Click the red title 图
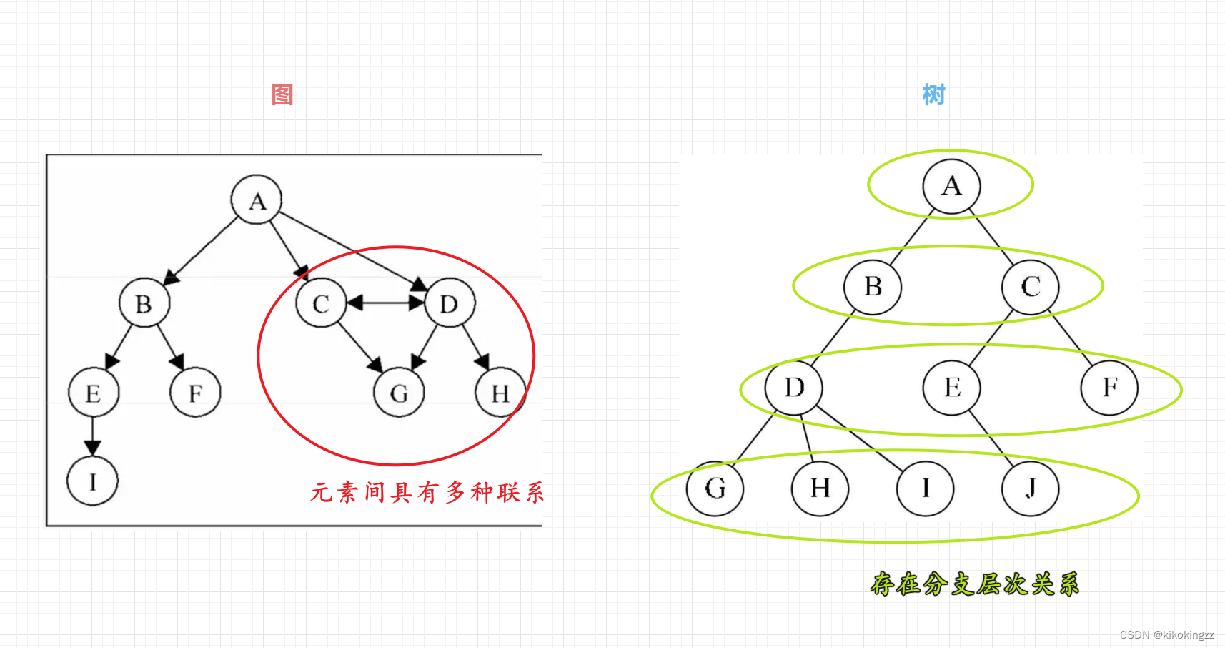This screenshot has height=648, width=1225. click(282, 94)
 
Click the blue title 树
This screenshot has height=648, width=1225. click(933, 94)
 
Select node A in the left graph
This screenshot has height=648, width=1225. click(257, 200)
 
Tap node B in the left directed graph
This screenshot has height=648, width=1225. click(144, 303)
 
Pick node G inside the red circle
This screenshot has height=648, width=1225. click(399, 393)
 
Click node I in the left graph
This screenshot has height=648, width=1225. click(92, 481)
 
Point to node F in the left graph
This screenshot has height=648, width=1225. click(195, 393)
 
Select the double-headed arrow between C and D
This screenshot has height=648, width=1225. click(385, 303)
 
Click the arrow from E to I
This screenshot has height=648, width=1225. click(92, 436)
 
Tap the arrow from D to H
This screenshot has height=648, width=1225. click(475, 347)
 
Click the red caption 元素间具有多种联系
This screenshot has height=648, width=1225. click(427, 493)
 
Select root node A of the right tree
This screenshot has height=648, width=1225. click(951, 187)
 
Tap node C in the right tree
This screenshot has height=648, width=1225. click(1030, 287)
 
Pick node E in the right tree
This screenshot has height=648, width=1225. click(951, 388)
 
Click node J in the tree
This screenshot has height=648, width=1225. click(1030, 489)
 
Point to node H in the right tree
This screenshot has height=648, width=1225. click(820, 489)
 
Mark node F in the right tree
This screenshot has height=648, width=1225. click(1109, 388)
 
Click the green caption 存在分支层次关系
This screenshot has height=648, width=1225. click(974, 584)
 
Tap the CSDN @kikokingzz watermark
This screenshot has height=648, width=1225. click(1166, 635)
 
